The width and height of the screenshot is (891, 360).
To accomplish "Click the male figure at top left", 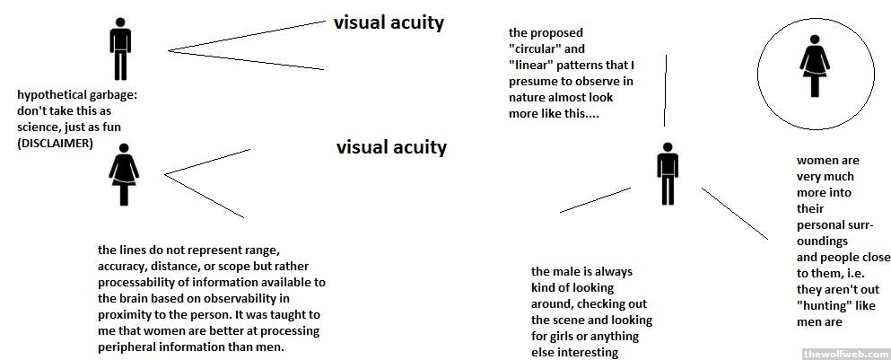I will coord(120,48).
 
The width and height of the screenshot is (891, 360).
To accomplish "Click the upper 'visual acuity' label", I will coord(389,23).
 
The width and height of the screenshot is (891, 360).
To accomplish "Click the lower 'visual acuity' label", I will coord(391,147).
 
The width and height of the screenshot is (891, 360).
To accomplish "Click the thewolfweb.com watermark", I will coord(842,352).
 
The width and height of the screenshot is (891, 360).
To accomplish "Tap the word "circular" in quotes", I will coord(535,48).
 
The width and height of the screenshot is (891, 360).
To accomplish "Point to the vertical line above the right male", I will coord(666,90).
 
